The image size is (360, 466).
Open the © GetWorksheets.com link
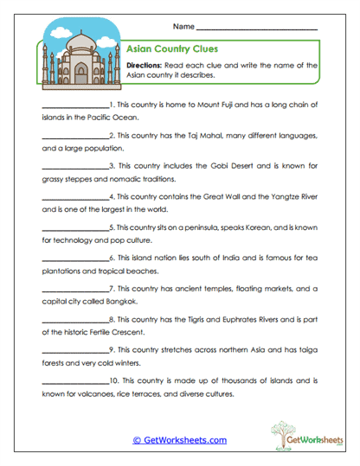(179, 440)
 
